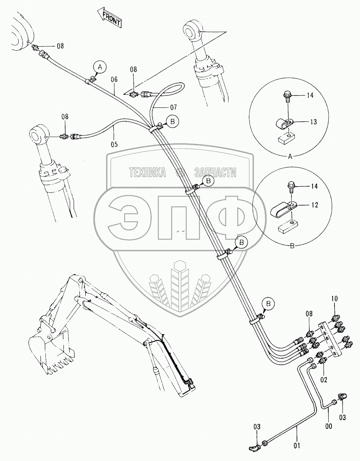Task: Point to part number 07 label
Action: click(x=173, y=108)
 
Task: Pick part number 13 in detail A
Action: click(x=313, y=122)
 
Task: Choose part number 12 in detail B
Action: click(x=314, y=205)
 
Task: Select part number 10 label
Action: click(x=334, y=299)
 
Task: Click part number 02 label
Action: click(x=324, y=380)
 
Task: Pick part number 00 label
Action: click(x=328, y=426)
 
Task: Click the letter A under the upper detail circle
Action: click(x=290, y=157)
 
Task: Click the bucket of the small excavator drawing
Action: click(x=51, y=350)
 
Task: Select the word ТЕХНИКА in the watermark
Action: click(x=147, y=172)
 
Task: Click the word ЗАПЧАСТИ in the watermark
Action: click(x=215, y=172)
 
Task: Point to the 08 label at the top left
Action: click(x=60, y=46)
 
